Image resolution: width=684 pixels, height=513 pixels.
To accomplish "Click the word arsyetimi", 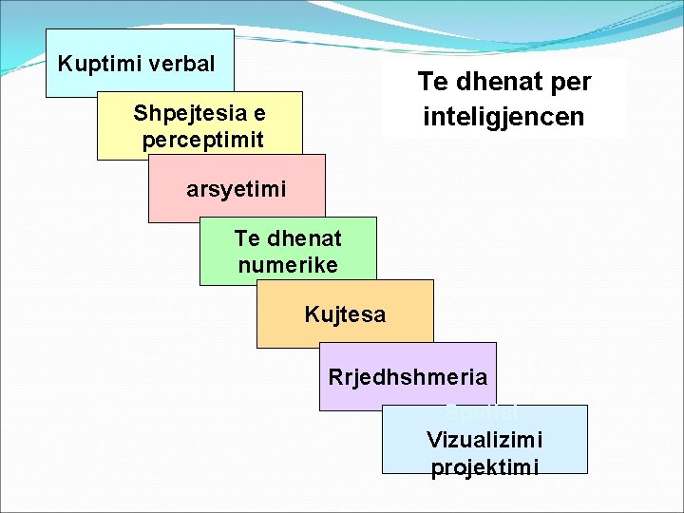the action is pyautogui.click(x=236, y=189).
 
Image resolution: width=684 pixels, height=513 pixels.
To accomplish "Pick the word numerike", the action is pyautogui.click(x=288, y=265).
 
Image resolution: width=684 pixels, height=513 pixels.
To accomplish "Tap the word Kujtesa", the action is pyautogui.click(x=345, y=314).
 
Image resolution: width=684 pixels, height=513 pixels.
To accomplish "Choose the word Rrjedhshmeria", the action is pyautogui.click(x=408, y=377).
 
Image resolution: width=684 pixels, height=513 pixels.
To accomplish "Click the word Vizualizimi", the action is pyautogui.click(x=484, y=440).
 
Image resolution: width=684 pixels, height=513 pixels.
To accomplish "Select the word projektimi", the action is pyautogui.click(x=484, y=467).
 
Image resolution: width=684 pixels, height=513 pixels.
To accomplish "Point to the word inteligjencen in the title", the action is pyautogui.click(x=503, y=118).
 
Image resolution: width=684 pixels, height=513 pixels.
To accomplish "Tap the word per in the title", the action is pyautogui.click(x=570, y=83).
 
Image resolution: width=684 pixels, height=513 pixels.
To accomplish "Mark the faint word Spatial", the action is pyautogui.click(x=481, y=413).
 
